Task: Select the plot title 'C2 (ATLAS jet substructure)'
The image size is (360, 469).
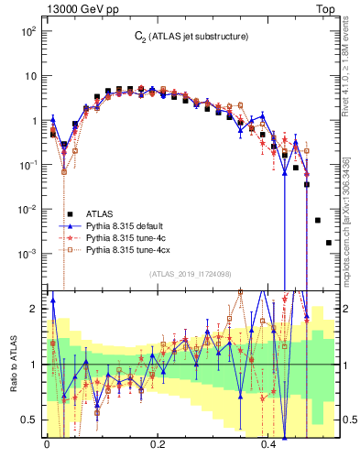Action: pyautogui.click(x=188, y=37)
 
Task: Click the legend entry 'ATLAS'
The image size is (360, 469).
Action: pyautogui.click(x=100, y=213)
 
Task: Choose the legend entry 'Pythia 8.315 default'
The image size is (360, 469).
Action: pyautogui.click(x=127, y=224)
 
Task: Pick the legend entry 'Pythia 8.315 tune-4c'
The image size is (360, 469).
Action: pyautogui.click(x=126, y=236)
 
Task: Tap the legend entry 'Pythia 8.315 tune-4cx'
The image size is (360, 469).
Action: pyautogui.click(x=129, y=248)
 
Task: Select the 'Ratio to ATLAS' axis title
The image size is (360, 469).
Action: pyautogui.click(x=11, y=364)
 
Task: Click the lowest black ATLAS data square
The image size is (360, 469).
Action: pyautogui.click(x=329, y=243)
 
